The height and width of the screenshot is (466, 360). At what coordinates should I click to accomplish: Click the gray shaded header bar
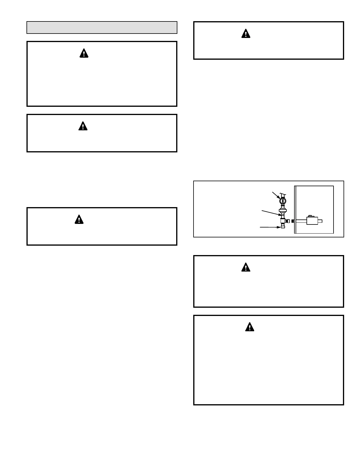(x=102, y=27)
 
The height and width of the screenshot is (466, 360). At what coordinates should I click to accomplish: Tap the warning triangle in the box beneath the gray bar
(x=84, y=53)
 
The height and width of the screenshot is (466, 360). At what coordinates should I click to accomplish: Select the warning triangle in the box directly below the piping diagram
(x=246, y=267)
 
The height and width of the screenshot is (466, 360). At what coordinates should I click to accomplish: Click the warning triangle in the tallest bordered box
(x=249, y=327)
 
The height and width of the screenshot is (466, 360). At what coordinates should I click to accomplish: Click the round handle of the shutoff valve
(x=283, y=201)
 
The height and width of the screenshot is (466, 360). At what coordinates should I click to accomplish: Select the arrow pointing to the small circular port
(x=271, y=213)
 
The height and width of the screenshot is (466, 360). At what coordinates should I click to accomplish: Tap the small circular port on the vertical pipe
(x=283, y=215)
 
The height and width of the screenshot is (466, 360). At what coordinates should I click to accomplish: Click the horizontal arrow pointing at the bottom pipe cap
(x=270, y=227)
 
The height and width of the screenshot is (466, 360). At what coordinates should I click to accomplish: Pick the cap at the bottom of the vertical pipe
(x=283, y=227)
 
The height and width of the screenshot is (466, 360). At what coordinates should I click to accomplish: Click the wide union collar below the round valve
(x=283, y=210)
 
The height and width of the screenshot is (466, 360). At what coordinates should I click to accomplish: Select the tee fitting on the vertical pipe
(x=283, y=221)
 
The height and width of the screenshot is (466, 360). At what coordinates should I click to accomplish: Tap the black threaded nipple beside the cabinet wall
(x=293, y=221)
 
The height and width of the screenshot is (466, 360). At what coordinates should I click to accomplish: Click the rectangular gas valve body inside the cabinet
(x=312, y=221)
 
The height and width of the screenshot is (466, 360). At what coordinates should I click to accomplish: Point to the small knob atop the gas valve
(x=310, y=216)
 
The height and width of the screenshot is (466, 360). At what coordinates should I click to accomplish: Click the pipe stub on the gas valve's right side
(x=320, y=221)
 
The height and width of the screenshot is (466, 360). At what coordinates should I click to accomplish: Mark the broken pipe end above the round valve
(x=283, y=194)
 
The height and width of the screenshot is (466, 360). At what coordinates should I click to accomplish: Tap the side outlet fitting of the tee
(x=288, y=221)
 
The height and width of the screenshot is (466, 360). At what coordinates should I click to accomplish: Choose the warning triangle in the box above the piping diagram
(x=246, y=34)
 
